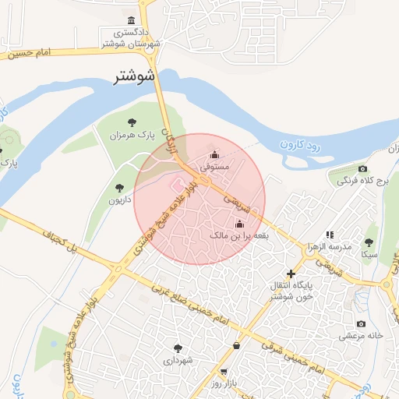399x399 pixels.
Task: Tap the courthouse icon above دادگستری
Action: pyautogui.click(x=130, y=20)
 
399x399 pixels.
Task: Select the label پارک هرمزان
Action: pyautogui.click(x=126, y=136)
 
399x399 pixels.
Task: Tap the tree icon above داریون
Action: pyautogui.click(x=119, y=187)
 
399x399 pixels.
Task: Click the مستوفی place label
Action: pyautogui.click(x=214, y=167)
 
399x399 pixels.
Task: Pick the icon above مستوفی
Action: pyautogui.click(x=214, y=154)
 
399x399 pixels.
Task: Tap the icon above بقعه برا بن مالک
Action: pyautogui.click(x=238, y=222)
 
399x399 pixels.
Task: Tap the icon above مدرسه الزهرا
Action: pyautogui.click(x=330, y=234)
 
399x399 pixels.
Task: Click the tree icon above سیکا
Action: pyautogui.click(x=369, y=241)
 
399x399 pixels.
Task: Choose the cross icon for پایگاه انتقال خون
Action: pyautogui.click(x=291, y=274)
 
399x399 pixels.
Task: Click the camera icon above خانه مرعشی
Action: pyautogui.click(x=361, y=323)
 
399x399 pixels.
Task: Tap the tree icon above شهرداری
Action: pyautogui.click(x=178, y=348)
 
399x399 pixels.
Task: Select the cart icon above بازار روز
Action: pyautogui.click(x=224, y=372)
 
